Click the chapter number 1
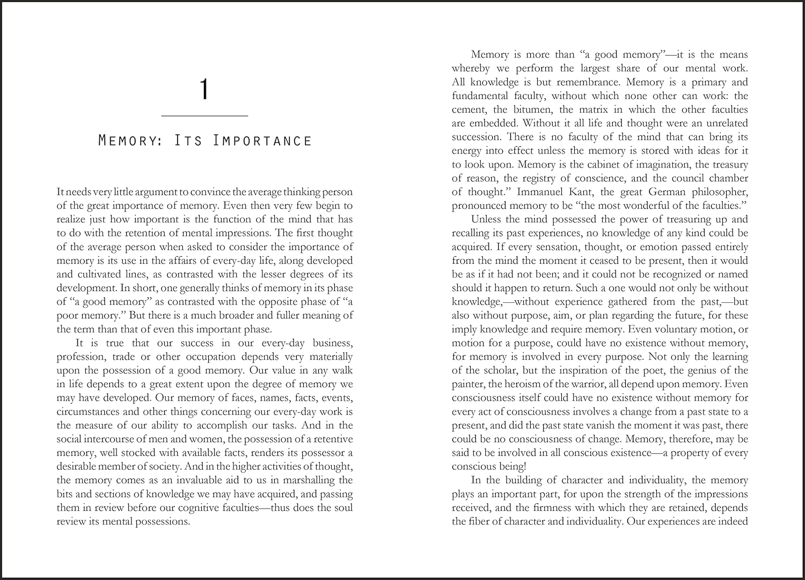[x=204, y=89]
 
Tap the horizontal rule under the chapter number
[x=204, y=115]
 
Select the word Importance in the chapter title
[x=262, y=141]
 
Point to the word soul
[x=342, y=508]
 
